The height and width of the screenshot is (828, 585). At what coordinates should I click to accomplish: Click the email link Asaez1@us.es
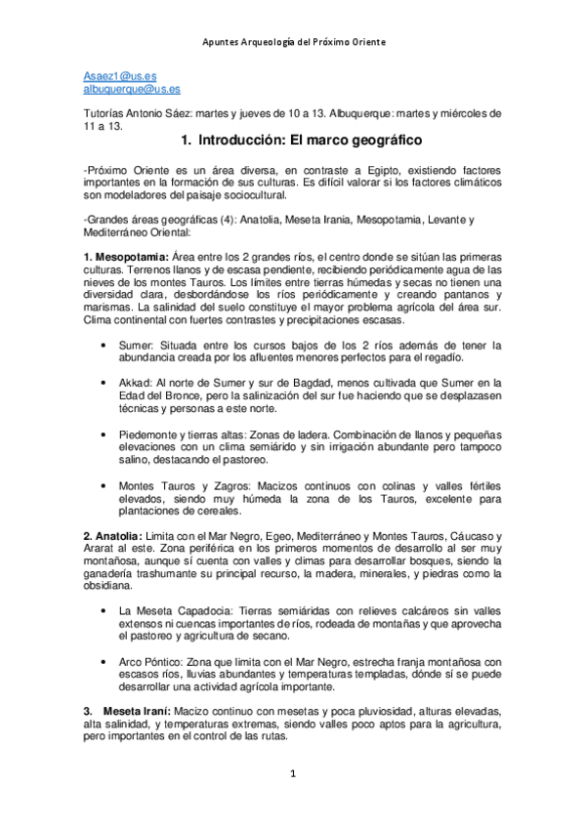[x=114, y=75]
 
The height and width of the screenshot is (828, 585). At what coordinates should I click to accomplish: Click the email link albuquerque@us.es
[x=132, y=89]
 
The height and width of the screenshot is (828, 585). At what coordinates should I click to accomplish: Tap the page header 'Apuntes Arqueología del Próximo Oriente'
[x=293, y=42]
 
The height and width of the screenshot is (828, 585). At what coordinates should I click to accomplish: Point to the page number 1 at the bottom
[x=292, y=774]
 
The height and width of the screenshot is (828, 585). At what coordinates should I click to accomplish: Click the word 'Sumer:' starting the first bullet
[x=137, y=345]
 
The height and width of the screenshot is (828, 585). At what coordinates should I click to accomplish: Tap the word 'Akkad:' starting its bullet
[x=137, y=383]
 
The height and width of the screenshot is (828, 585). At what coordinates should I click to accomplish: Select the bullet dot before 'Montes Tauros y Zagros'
[x=104, y=485]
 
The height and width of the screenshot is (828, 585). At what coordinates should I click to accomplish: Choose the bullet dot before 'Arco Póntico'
[x=104, y=662]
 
